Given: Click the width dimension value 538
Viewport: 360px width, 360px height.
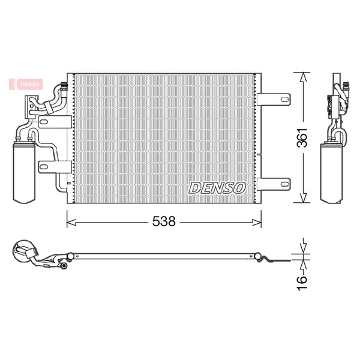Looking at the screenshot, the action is point(164,221).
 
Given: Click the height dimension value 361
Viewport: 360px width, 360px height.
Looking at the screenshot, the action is point(302,137).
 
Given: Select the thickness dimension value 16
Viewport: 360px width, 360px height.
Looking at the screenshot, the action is point(302,284).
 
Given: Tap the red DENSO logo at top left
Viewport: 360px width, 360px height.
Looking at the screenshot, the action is point(26,84).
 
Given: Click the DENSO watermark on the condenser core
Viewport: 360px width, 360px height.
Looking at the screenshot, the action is point(217,188).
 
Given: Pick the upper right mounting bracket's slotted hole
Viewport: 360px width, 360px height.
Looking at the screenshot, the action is point(285,100).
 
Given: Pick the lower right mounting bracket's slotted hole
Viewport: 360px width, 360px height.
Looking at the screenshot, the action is point(285,184).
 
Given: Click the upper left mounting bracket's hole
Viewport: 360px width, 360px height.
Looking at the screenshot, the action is point(44,121).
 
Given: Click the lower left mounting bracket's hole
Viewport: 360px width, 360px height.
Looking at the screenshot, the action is point(44,167).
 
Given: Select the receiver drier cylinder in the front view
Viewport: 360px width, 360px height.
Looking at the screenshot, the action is point(25,173).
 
